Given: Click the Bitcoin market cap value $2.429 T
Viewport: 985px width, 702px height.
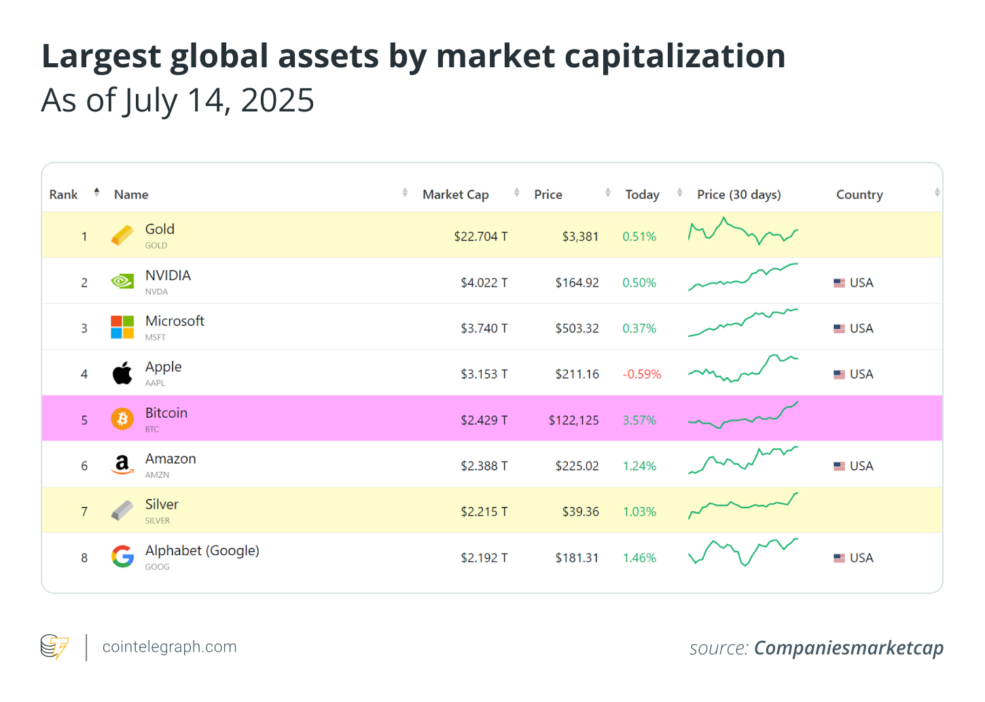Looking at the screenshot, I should [484, 420].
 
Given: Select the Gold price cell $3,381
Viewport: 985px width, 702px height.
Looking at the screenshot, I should [580, 236].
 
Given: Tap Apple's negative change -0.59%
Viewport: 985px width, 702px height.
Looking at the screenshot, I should [641, 374].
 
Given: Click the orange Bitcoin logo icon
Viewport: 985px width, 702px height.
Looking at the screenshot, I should [122, 419].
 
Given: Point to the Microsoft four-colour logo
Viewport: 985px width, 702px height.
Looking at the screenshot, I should [122, 327].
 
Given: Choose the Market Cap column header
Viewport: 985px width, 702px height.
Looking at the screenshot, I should [455, 194].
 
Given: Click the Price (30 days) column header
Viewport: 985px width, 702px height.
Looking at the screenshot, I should [738, 194].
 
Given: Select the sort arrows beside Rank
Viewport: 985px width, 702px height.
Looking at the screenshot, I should [96, 193].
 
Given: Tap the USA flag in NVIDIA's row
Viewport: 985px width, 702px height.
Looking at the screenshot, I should [839, 283].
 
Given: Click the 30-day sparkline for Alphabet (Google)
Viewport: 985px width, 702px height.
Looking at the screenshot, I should [743, 552].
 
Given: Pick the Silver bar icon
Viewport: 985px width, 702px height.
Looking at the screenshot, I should [122, 510].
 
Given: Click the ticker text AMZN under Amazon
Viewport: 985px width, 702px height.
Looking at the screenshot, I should [157, 475].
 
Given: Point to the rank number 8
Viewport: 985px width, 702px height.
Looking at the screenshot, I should [84, 558].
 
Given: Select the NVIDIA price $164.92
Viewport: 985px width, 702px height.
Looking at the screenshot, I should [577, 283].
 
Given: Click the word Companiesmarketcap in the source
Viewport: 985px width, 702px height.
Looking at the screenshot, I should [848, 648].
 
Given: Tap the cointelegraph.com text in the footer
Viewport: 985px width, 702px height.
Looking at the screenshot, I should [169, 647].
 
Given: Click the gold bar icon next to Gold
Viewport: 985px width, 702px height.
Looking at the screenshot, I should [122, 236].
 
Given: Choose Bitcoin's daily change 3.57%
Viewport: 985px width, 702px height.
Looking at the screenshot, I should [639, 420].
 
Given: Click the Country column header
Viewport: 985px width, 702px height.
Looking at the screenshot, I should [859, 194].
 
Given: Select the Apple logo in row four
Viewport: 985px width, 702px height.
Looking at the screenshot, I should [122, 373].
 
